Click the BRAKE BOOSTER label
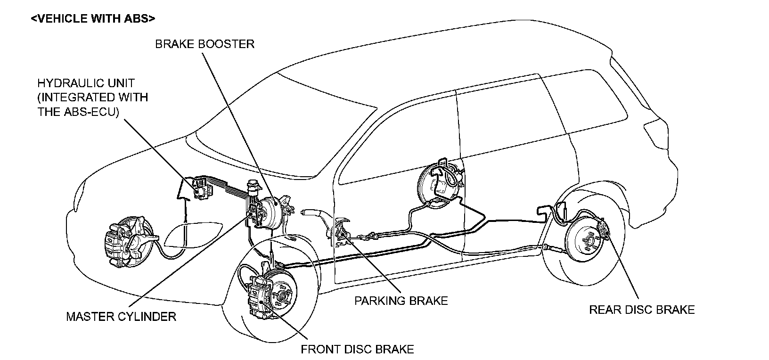[x=205, y=44]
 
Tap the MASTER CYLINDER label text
[x=121, y=316]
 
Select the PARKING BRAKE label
[x=401, y=301]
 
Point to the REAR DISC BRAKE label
[x=642, y=310]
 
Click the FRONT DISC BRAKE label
[x=357, y=349]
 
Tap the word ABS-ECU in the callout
[x=90, y=112]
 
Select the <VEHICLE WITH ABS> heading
[x=93, y=19]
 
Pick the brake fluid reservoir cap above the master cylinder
[x=253, y=182]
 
